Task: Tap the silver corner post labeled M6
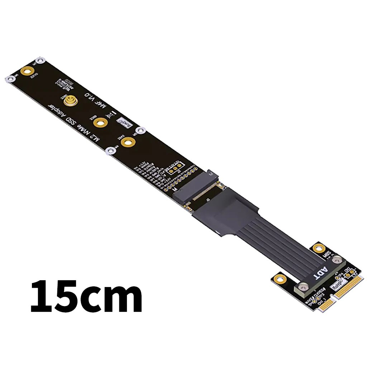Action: (10, 79)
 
